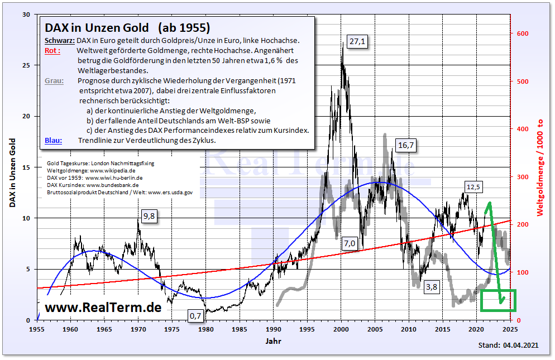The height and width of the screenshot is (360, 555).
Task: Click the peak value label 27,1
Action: [x=356, y=42]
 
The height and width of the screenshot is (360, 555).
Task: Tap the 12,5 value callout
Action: [x=473, y=186]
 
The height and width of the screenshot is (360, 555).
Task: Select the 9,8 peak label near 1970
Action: [x=149, y=216]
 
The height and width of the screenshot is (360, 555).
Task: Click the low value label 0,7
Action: [x=195, y=316]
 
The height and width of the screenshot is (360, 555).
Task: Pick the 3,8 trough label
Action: [x=431, y=287]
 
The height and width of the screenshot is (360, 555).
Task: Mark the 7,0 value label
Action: [x=350, y=243]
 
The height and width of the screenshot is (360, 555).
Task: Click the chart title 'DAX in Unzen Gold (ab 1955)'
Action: [x=127, y=27]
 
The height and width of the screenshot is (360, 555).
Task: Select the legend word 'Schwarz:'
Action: [x=59, y=41]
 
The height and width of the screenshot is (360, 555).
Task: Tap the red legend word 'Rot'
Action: [x=52, y=51]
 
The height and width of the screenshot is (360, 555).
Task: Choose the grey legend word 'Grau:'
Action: [x=54, y=81]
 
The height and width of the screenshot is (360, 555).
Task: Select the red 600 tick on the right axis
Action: [x=522, y=34]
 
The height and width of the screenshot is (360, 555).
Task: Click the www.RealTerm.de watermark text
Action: [x=103, y=307]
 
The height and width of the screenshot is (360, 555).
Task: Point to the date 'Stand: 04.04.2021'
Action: [x=508, y=345]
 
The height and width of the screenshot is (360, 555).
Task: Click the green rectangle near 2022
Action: [x=498, y=301]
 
